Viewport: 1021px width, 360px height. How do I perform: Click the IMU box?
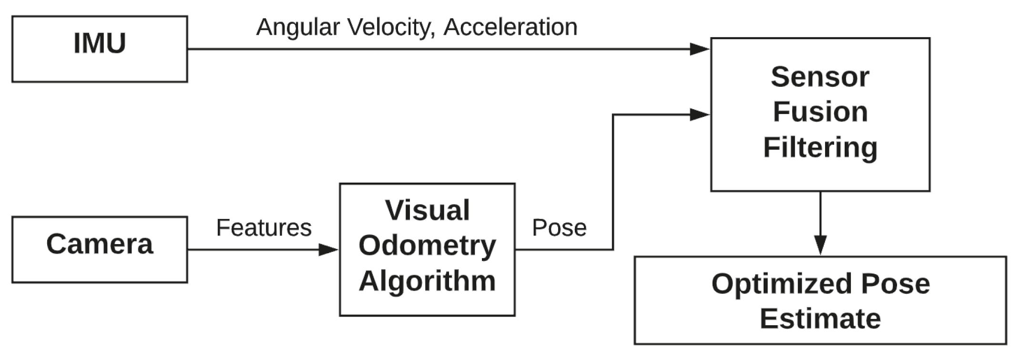[x=100, y=49]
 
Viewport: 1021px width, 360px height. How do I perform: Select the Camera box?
[x=100, y=249]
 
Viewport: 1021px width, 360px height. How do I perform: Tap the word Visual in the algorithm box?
[x=427, y=210]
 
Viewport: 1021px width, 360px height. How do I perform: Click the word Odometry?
[x=427, y=246]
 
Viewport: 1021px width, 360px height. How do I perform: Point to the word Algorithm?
[x=427, y=281]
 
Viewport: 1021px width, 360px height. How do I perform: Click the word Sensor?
[x=820, y=77]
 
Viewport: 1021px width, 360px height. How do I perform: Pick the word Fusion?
[x=820, y=112]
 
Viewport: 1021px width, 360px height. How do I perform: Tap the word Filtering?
[x=820, y=147]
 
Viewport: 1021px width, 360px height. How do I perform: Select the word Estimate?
[x=820, y=319]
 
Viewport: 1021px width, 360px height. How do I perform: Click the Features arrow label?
[x=264, y=228]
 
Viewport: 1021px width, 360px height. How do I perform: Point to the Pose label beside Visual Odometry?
[x=559, y=228]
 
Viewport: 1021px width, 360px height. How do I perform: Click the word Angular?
[x=298, y=27]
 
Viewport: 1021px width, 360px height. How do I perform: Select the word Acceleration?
[x=510, y=27]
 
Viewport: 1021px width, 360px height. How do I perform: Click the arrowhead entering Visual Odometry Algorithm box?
[x=329, y=249]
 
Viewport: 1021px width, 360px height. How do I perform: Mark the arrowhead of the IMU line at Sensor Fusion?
[x=700, y=49]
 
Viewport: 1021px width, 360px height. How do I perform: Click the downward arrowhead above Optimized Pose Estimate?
[x=820, y=245]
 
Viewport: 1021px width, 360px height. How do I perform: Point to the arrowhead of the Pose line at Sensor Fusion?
[x=700, y=114]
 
